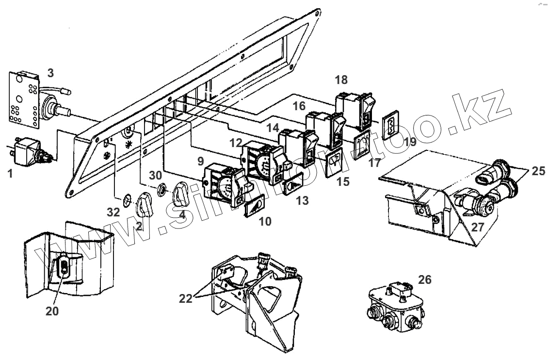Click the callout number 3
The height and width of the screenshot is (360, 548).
[x=50, y=73]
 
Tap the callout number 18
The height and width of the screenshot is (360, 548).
[x=341, y=80]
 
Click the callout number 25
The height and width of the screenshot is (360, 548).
[x=537, y=171]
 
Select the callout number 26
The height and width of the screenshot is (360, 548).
[x=424, y=279]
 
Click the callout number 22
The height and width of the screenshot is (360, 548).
[x=186, y=298]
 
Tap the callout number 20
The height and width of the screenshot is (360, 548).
[x=52, y=311]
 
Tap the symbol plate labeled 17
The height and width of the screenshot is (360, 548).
[x=362, y=144]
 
